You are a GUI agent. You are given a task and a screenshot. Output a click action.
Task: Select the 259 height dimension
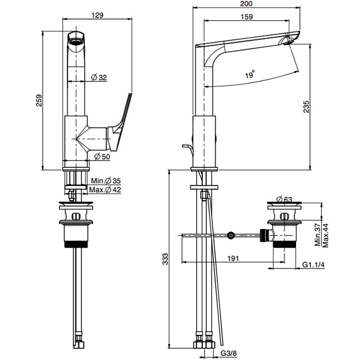39,99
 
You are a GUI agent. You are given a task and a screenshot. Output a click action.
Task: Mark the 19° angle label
249,74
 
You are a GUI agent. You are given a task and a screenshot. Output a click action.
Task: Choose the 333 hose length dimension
165,258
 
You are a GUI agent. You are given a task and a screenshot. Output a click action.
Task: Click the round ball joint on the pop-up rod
231,235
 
